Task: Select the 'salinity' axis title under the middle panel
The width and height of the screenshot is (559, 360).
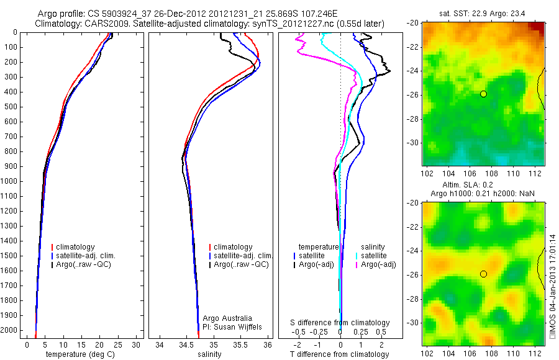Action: [x=209, y=354]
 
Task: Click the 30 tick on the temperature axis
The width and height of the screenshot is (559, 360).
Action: [x=135, y=344]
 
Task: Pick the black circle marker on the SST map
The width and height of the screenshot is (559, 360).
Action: [x=483, y=94]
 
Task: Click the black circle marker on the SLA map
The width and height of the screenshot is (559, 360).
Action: [x=483, y=274]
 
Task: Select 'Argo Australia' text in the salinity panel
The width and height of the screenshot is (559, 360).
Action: [x=227, y=318]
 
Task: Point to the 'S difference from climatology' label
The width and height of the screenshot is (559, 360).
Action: [x=340, y=323]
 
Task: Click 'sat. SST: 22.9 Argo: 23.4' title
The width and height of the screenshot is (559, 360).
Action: [x=483, y=13]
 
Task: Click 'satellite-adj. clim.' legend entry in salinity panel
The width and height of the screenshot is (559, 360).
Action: [x=243, y=256]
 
